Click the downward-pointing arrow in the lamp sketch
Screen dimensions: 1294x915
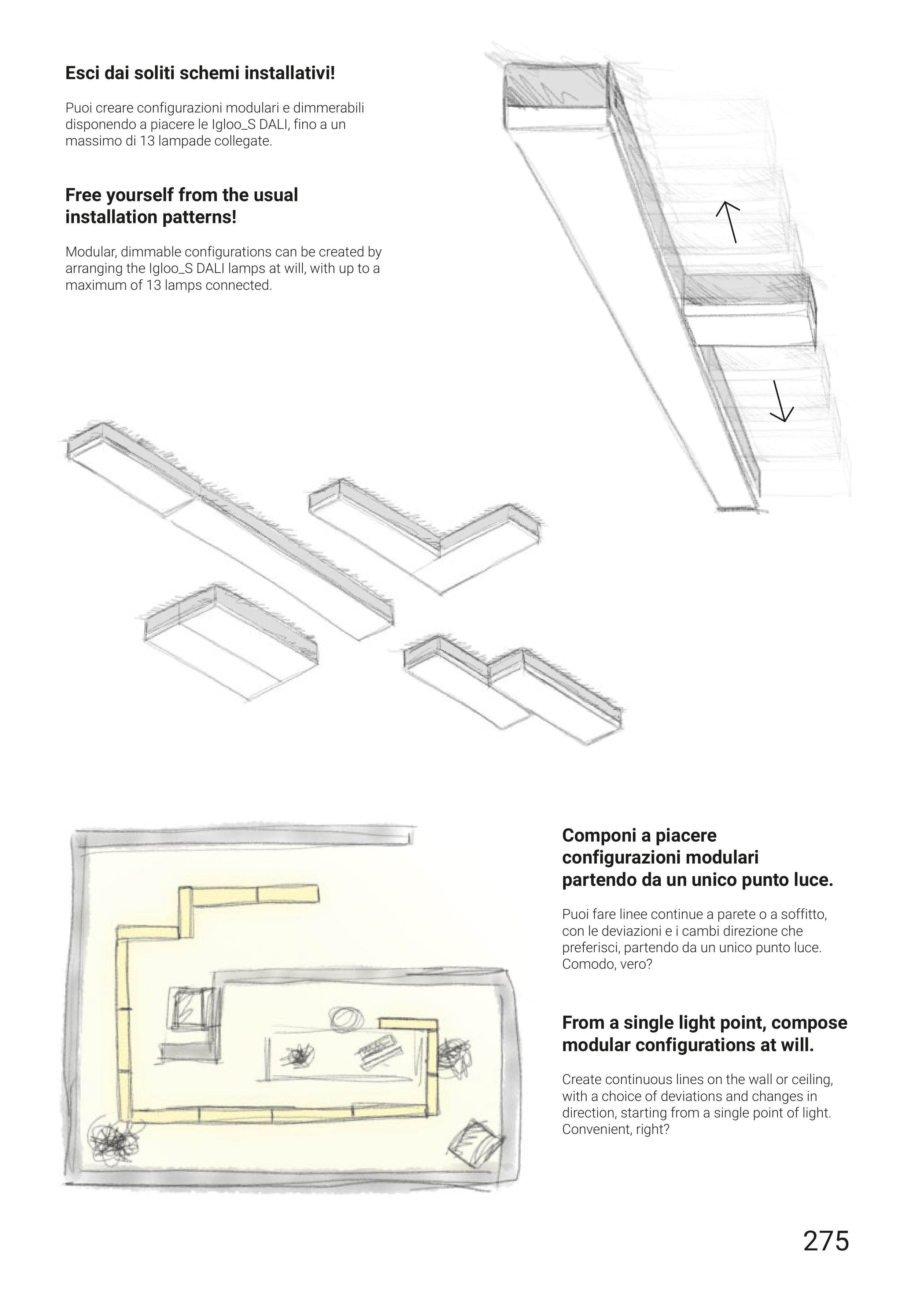781,401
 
